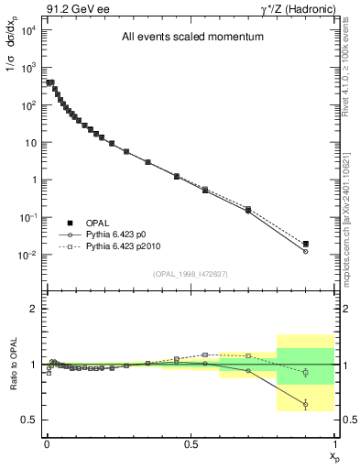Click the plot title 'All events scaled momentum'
[192, 38]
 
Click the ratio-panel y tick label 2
[34, 309]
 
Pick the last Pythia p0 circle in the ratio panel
[306, 404]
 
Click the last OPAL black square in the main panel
[306, 244]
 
